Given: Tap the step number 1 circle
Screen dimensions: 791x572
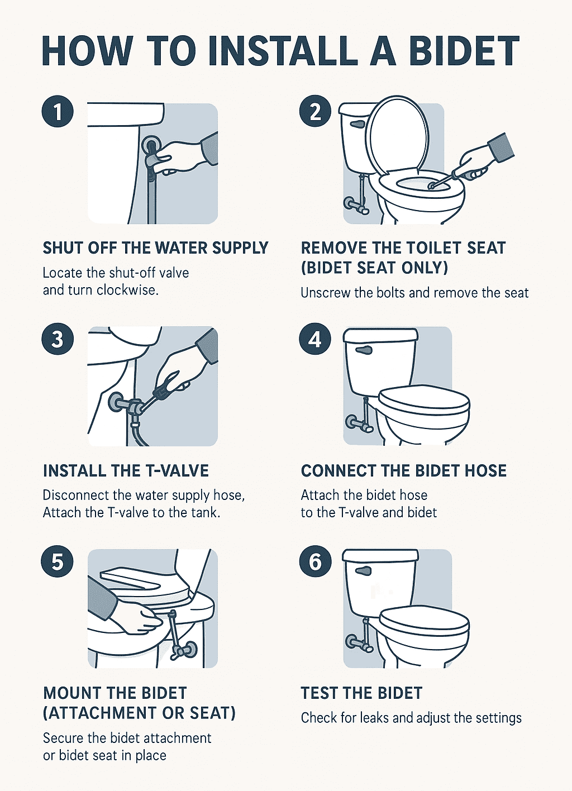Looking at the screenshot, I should [x=58, y=112].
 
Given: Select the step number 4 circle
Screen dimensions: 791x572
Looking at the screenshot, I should [x=315, y=339].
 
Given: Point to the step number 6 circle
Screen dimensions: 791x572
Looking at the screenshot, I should [x=315, y=561].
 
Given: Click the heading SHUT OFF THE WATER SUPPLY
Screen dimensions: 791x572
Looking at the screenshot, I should [x=155, y=248].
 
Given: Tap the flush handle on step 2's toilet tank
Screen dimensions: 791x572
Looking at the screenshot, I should [x=357, y=123].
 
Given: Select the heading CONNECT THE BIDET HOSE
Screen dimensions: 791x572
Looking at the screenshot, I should [x=403, y=471].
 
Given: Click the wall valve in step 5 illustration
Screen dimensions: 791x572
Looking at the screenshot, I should [x=188, y=650].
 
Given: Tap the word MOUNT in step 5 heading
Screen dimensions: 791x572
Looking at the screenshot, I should [x=70, y=693].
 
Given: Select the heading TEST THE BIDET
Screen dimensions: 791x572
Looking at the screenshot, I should [x=361, y=693].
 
